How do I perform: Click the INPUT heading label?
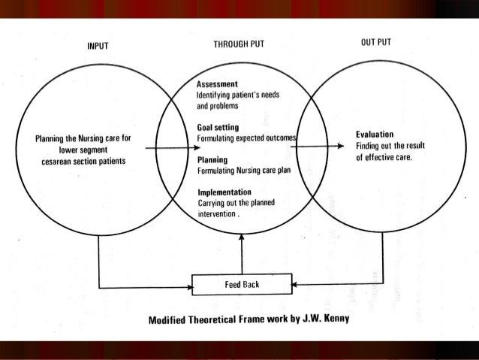[x=98, y=47]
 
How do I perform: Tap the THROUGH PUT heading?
[x=239, y=45]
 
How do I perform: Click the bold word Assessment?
[x=218, y=85]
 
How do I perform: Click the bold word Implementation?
[x=224, y=192]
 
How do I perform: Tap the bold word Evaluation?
[x=375, y=135]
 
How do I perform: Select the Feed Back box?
[x=242, y=286]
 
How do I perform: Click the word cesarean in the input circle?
[x=62, y=161]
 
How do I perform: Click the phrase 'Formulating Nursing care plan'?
[x=243, y=171]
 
